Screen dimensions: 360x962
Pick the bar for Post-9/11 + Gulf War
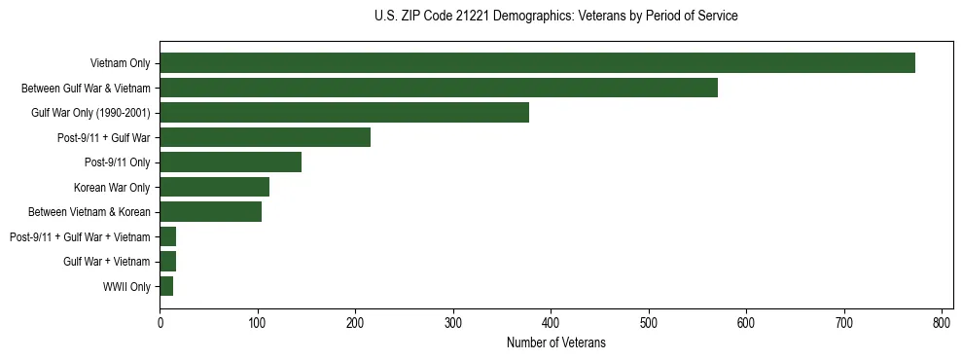(x=265, y=137)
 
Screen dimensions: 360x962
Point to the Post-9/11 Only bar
(x=231, y=162)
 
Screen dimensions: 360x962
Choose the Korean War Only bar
(x=214, y=187)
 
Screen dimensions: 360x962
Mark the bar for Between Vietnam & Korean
(x=210, y=212)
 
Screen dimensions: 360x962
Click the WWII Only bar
(x=166, y=286)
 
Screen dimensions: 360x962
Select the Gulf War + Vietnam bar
(x=167, y=262)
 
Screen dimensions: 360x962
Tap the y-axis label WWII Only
(x=126, y=287)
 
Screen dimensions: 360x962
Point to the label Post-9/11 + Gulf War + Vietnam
(x=80, y=237)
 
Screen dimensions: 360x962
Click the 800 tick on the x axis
(x=942, y=322)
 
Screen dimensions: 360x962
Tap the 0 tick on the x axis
(x=160, y=322)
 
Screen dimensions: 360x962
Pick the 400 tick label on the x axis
(x=551, y=322)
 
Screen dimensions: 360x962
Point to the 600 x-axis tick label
(x=746, y=322)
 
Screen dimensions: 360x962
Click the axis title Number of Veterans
(x=555, y=342)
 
